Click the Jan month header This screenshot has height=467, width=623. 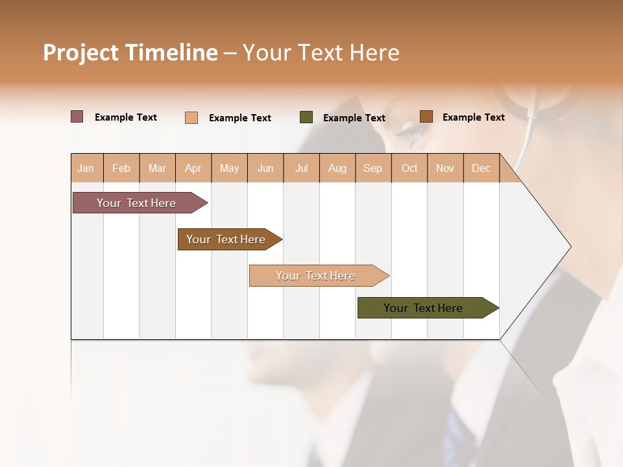pos(86,168)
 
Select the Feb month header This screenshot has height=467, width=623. pos(121,168)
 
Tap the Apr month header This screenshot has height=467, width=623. pos(193,168)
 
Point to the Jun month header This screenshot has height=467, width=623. pos(265,168)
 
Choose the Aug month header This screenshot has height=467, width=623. pos(337,168)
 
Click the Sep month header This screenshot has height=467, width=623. pos(373,168)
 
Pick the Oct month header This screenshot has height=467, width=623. pos(409,168)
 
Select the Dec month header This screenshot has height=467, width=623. pos(482,168)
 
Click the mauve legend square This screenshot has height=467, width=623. pos(77,117)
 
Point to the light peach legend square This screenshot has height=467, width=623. pos(191,117)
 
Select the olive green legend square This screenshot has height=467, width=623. pos(306,117)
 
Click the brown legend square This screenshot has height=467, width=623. pos(426,117)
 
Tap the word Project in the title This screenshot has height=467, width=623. pos(81,53)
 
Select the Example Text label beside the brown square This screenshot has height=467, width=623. pos(473,117)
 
